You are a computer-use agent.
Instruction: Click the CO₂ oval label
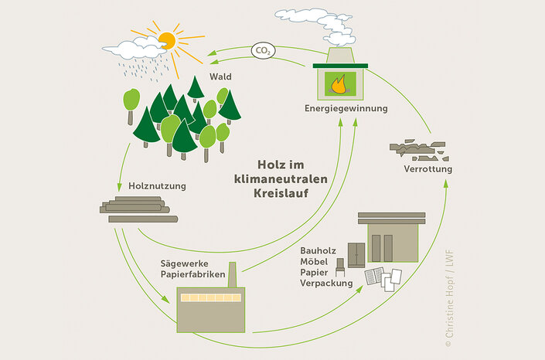(x=263, y=51)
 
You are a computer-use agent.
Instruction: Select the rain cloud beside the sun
(x=135, y=48)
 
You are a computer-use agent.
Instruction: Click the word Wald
(x=220, y=76)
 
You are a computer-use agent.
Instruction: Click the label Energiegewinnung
(x=346, y=108)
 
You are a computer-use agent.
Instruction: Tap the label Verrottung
(x=427, y=169)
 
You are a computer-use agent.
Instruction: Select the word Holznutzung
(x=157, y=186)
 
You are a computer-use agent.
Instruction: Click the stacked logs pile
(x=138, y=209)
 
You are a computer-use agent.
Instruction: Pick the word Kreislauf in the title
(x=281, y=193)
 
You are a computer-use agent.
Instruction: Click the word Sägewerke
(x=184, y=263)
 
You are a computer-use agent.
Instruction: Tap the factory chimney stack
(x=232, y=274)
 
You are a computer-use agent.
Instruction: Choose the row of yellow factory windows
(x=210, y=297)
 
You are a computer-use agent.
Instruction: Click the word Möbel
(x=314, y=261)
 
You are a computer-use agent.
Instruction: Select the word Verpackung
(x=326, y=284)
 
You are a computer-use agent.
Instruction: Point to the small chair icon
(x=340, y=267)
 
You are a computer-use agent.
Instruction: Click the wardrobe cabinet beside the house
(x=356, y=255)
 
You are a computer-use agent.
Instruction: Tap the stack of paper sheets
(x=383, y=278)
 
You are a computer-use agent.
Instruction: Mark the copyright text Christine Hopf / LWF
(x=449, y=298)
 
